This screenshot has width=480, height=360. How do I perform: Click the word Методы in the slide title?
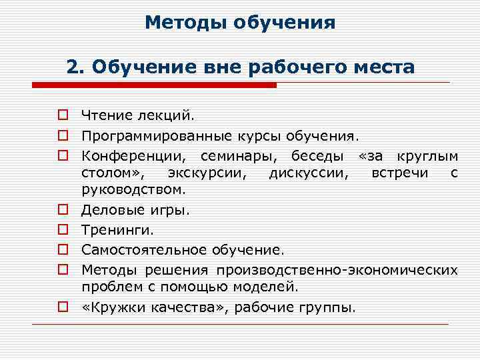(185, 24)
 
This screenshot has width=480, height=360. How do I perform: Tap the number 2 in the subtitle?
(73, 67)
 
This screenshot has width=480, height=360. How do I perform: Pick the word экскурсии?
(209, 173)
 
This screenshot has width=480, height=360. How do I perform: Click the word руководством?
(133, 189)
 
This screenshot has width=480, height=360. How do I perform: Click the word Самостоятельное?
(145, 250)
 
